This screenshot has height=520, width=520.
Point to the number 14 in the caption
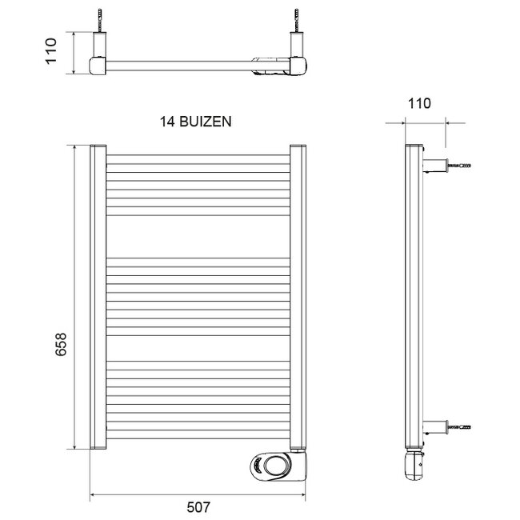(x=168, y=122)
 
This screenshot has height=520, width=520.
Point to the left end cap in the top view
(x=98, y=66)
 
